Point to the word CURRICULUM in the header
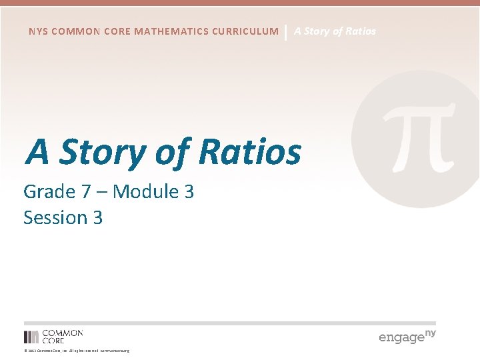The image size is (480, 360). click(x=249, y=31)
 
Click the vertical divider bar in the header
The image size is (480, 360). click(x=286, y=31)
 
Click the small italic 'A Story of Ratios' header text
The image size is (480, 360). click(x=335, y=31)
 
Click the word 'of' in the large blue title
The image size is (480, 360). click(x=173, y=151)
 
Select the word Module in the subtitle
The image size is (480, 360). click(x=145, y=192)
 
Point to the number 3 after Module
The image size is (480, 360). click(x=189, y=192)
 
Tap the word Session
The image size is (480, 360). click(x=54, y=218)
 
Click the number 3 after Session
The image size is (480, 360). click(x=97, y=218)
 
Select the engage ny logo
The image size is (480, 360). click(x=407, y=336)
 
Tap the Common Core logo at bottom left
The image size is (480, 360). click(x=53, y=336)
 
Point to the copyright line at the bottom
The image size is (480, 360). click(x=77, y=351)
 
